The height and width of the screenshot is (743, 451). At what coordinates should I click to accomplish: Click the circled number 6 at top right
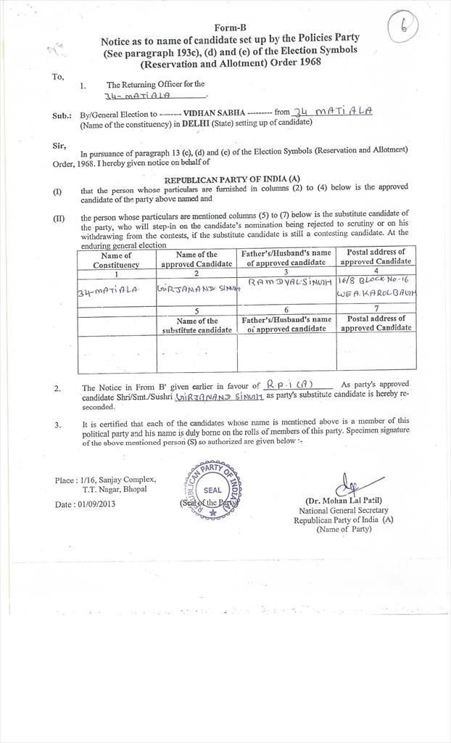click(418, 28)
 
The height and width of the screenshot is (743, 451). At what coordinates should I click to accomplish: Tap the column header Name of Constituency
click(116, 260)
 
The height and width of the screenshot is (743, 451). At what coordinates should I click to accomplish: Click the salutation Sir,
click(59, 146)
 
